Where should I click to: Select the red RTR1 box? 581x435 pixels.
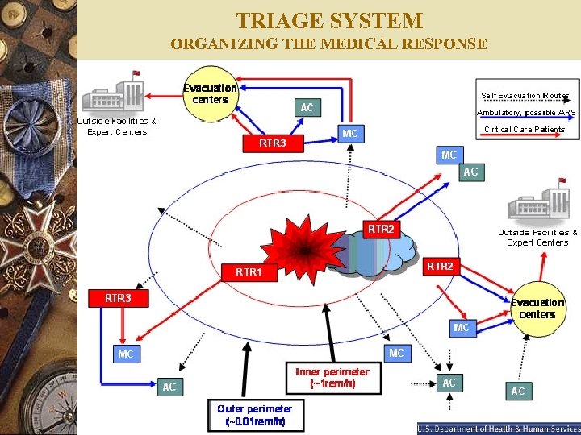tap(249, 271)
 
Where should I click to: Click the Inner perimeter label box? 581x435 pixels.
tap(332, 378)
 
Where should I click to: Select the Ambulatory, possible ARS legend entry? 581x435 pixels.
tap(526, 112)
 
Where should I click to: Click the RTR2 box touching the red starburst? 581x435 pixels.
tap(381, 229)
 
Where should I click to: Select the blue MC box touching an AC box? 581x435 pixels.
tap(449, 154)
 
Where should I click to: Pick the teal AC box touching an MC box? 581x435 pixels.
tap(470, 172)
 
